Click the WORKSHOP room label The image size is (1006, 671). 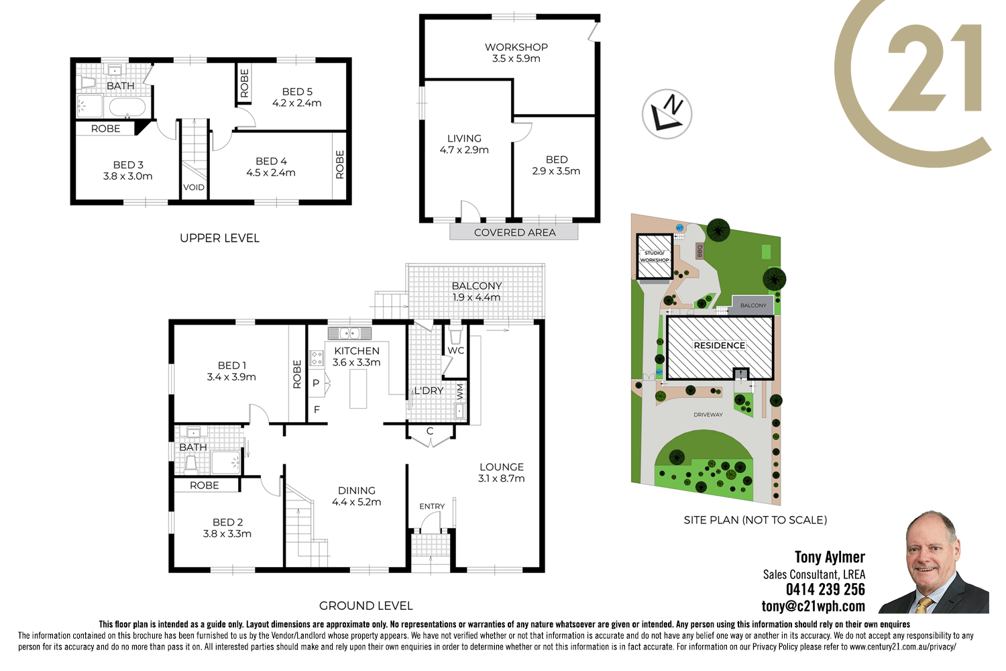(516, 48)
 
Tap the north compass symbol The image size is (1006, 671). (667, 114)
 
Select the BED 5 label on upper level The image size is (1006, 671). (297, 92)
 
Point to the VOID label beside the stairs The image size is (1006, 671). (194, 187)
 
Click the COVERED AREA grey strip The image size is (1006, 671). (514, 232)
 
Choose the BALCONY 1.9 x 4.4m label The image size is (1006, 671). (476, 291)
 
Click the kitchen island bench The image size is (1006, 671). (359, 389)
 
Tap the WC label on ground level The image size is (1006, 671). (456, 350)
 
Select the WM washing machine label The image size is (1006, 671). (460, 391)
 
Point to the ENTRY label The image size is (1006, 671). (432, 507)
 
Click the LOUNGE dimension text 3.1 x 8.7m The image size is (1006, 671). (501, 478)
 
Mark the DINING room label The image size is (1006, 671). (357, 491)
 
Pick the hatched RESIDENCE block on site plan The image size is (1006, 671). (720, 347)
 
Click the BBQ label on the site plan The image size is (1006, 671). (700, 251)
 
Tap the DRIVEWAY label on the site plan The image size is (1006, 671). (708, 415)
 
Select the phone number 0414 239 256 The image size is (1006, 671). (826, 590)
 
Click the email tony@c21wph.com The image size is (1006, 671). (814, 607)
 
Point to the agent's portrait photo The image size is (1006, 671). (935, 564)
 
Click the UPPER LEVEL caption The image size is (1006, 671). (219, 238)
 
